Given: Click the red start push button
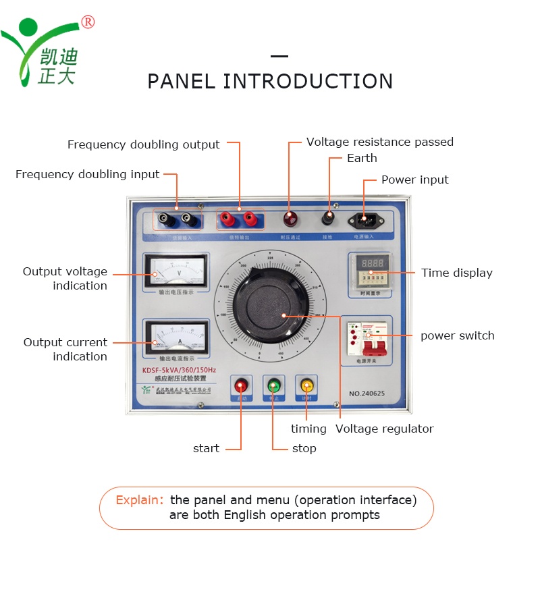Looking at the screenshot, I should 240,385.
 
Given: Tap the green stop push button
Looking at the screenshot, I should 273,385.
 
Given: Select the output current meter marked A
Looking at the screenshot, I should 175,336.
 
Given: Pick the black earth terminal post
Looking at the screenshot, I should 329,218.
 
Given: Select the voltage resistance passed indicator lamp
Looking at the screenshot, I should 290,217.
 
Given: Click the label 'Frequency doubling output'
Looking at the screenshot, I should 143,144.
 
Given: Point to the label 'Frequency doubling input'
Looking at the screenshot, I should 87,174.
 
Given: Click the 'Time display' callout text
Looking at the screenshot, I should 457,273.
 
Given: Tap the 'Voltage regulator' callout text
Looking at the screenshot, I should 384,429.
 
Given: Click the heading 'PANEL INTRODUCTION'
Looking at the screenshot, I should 270,82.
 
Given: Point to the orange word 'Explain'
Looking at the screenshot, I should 139,500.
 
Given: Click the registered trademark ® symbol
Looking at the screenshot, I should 88,22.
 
